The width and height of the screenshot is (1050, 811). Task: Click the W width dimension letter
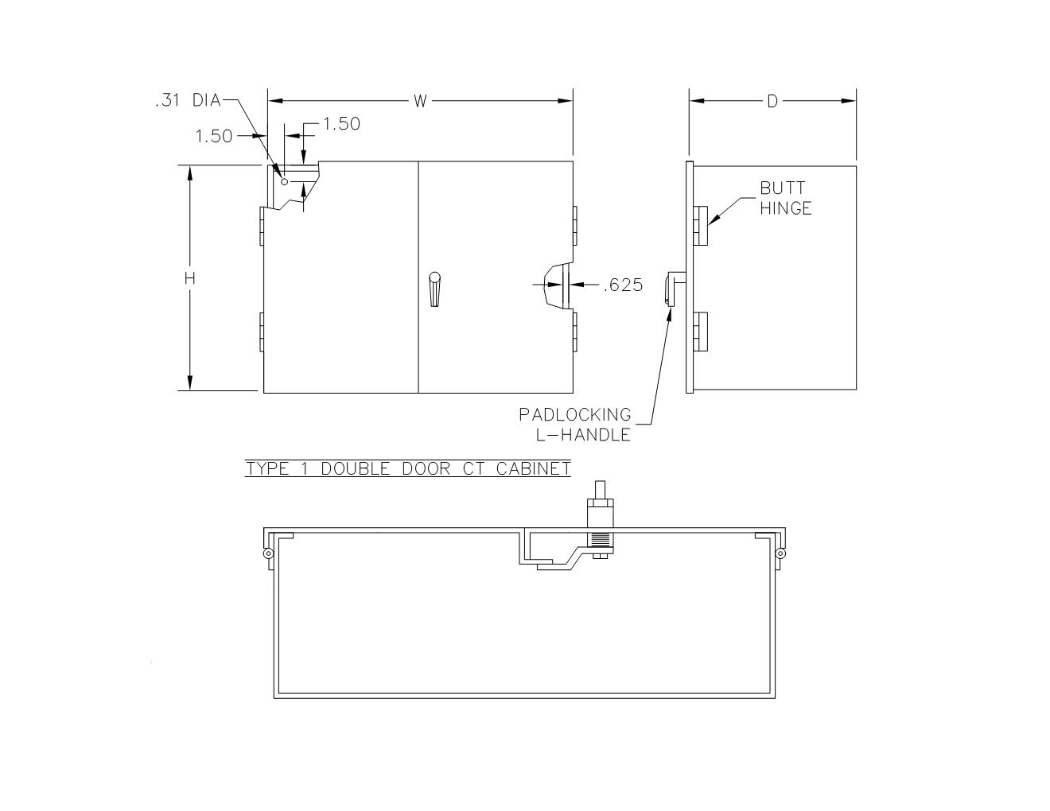tap(420, 101)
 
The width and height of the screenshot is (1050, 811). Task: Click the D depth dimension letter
tap(772, 101)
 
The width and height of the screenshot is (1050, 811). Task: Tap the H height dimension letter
tap(190, 278)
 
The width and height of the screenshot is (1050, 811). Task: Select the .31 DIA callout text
tap(188, 100)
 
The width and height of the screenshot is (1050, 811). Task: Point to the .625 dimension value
tap(624, 285)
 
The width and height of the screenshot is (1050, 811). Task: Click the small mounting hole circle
tap(285, 181)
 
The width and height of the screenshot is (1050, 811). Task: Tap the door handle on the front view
tap(434, 289)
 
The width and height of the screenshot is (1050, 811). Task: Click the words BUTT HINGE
tap(785, 198)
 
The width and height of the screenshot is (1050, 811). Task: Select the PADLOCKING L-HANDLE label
tap(575, 425)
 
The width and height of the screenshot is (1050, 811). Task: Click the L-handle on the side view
tap(674, 288)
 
